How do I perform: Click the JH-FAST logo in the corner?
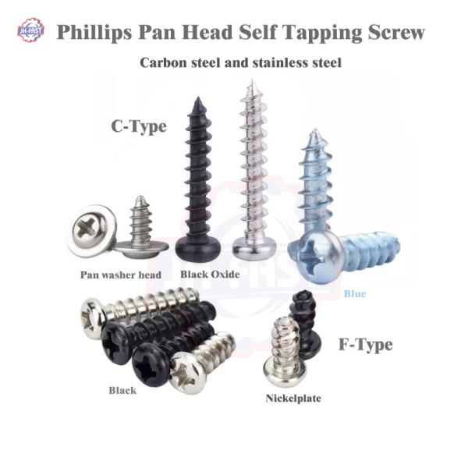(x=30, y=30)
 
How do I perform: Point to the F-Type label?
(x=365, y=344)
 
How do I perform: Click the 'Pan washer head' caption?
(x=121, y=275)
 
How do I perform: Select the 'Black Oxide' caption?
(x=209, y=275)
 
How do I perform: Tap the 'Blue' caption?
(x=354, y=294)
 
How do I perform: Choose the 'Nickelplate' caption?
(x=293, y=398)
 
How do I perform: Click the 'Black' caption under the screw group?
(x=122, y=390)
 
